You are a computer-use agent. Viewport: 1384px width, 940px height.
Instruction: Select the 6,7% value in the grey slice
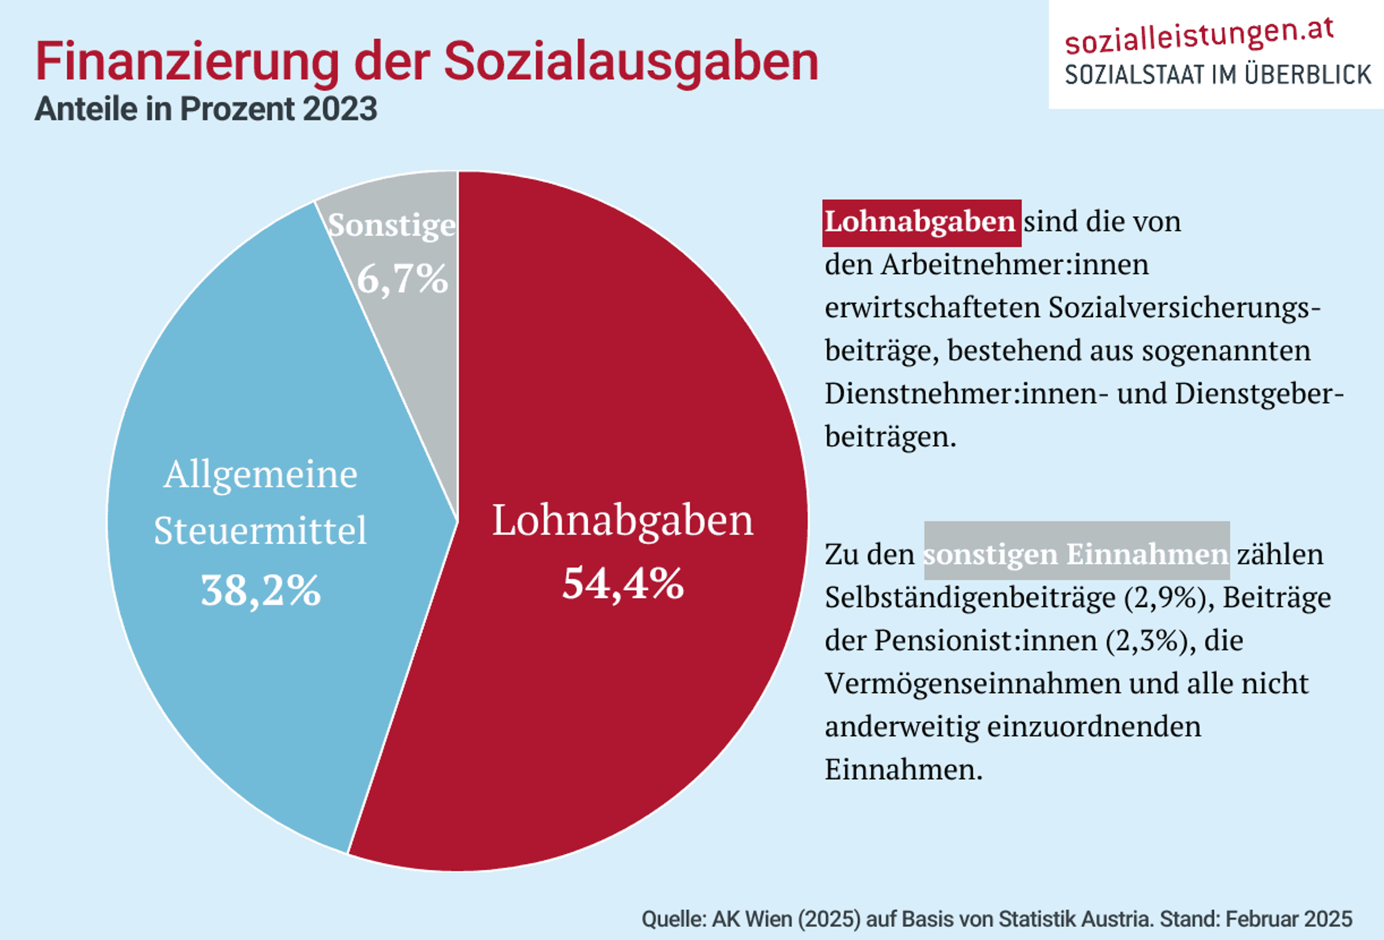402,279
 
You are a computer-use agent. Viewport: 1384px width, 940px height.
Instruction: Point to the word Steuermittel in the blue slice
260,530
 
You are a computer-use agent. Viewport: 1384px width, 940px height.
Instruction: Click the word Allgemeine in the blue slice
260,475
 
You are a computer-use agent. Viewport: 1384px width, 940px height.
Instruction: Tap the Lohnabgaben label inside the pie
622,520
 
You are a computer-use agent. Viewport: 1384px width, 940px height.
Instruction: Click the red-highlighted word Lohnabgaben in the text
921,222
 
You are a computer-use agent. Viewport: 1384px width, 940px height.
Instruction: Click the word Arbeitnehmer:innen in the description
1014,265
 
